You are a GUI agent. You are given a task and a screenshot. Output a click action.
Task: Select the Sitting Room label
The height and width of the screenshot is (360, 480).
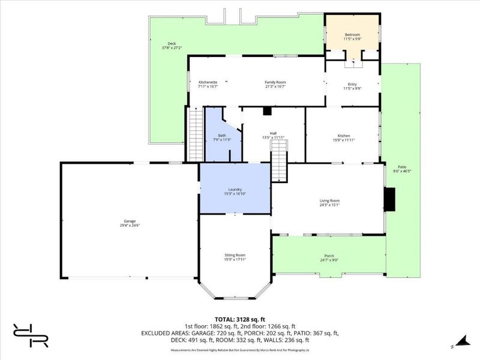(235, 257)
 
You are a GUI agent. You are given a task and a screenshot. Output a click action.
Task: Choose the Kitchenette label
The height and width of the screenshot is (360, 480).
(208, 84)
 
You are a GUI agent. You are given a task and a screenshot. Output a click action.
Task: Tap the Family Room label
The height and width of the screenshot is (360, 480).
(275, 84)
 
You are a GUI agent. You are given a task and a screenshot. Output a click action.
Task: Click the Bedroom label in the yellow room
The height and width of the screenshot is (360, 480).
(352, 37)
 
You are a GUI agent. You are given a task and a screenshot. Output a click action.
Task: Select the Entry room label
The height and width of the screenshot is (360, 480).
(352, 86)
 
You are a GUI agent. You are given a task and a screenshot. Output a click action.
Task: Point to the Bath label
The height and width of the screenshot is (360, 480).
(221, 137)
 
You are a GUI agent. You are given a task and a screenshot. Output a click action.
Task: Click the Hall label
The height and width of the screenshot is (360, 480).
(273, 135)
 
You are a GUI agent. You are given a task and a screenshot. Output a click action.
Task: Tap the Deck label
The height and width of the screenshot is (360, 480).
(172, 45)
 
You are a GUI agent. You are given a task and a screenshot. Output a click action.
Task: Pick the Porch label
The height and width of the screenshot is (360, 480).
(329, 257)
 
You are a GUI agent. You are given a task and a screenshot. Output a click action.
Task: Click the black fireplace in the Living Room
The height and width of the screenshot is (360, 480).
(391, 200)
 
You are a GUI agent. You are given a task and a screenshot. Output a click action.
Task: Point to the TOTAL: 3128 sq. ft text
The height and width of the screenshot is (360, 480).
(240, 319)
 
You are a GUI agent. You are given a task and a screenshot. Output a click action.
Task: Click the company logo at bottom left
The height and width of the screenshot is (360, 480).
(31, 335)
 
